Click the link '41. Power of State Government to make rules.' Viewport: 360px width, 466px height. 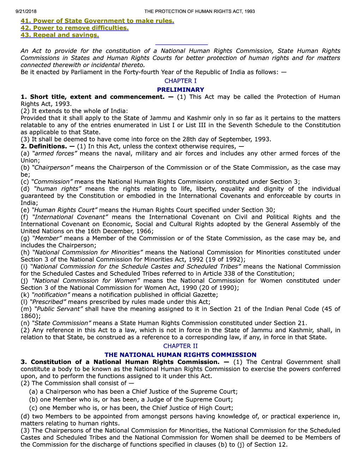[97, 21]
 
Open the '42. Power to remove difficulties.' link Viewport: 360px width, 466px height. [74, 28]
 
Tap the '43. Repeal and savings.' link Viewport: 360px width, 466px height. [60, 35]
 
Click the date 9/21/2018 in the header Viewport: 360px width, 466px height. [26, 11]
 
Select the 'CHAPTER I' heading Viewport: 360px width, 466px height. [180, 81]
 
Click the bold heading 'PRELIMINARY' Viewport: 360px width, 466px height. [180, 90]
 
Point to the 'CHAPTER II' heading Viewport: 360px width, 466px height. [180, 346]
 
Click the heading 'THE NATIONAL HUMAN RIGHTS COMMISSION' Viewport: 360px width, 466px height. [180, 355]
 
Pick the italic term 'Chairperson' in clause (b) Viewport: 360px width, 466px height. [53, 168]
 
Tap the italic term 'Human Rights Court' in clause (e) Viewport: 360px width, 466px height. [65, 210]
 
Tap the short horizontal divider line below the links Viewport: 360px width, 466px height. [181, 45]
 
